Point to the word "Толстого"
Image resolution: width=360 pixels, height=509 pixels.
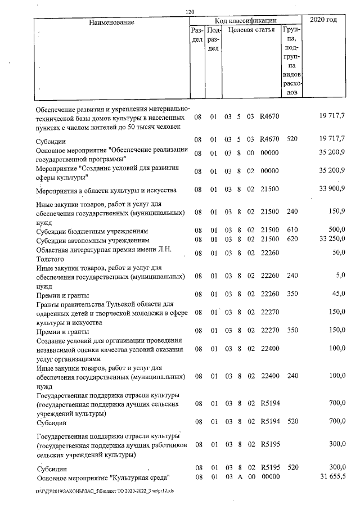[51, 258]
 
